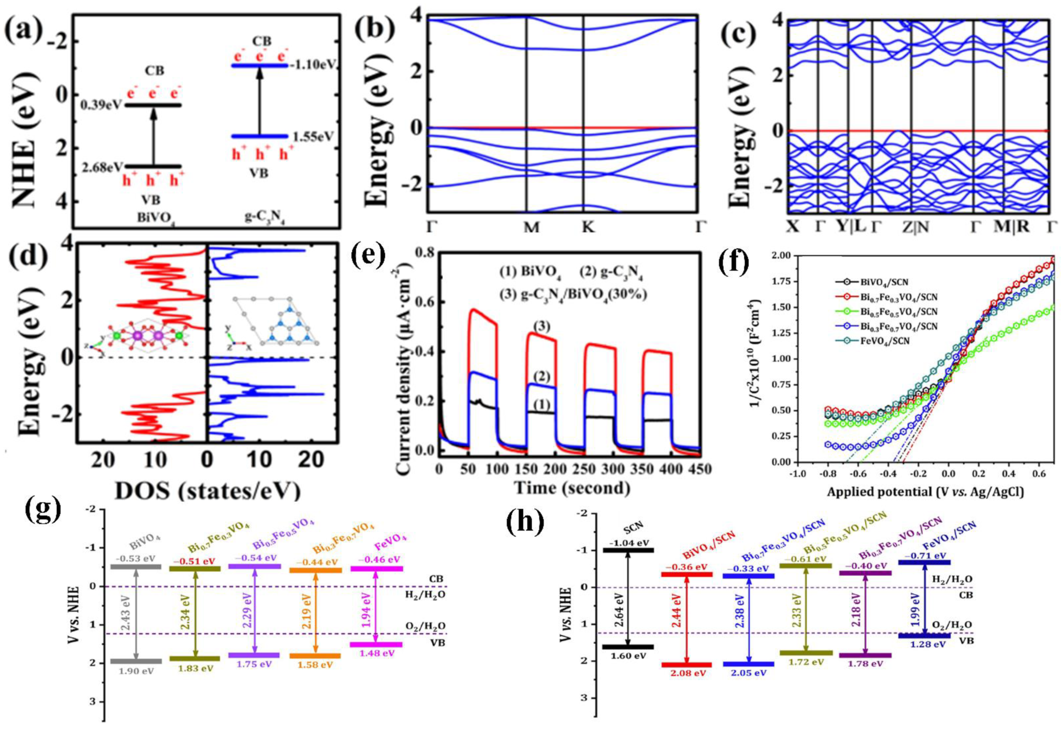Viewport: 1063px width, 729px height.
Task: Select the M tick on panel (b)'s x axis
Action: [x=531, y=227]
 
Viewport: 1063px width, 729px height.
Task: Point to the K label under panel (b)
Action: [x=588, y=227]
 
